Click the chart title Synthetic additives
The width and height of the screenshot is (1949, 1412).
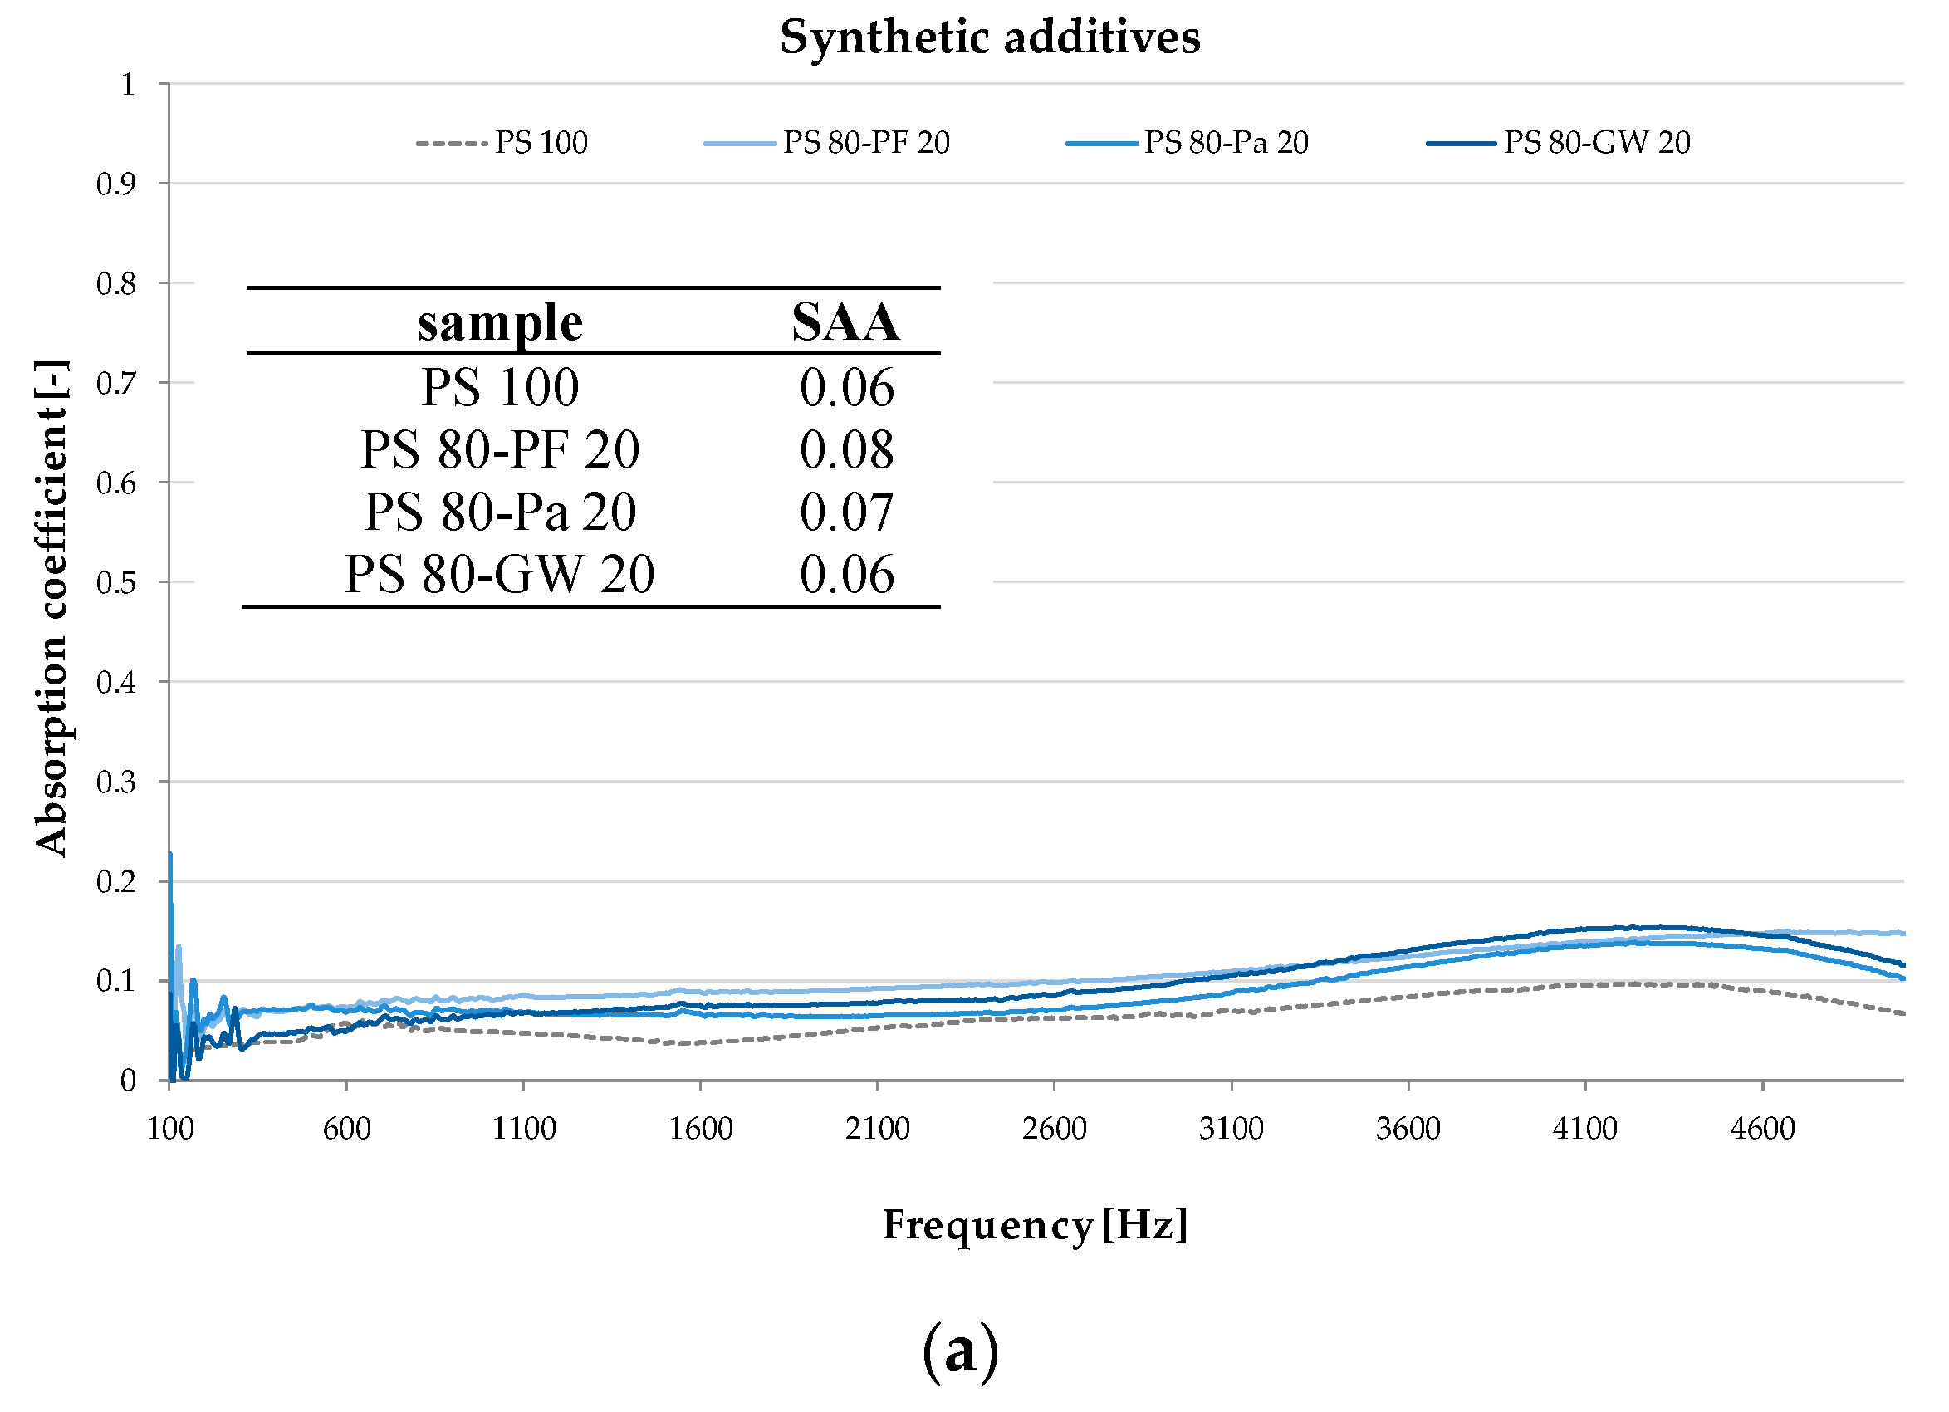989,38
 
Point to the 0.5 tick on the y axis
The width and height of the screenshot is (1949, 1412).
116,583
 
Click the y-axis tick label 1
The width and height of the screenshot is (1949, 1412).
128,84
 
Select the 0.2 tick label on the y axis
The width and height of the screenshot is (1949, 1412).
116,882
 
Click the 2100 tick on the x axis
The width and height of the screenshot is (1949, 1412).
878,1129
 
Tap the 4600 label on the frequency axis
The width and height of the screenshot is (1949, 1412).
1762,1129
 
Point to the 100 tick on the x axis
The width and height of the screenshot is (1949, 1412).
170,1129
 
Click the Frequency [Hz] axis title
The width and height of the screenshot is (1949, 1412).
1036,1224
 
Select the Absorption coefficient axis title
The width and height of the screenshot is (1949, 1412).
51,609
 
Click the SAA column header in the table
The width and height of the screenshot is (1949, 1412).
845,323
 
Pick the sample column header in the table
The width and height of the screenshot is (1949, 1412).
500,323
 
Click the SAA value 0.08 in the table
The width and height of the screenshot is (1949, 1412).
846,449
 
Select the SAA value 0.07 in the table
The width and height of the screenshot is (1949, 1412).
846,512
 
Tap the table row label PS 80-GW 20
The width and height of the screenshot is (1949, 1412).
500,574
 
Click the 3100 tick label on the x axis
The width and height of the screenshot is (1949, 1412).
1232,1129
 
